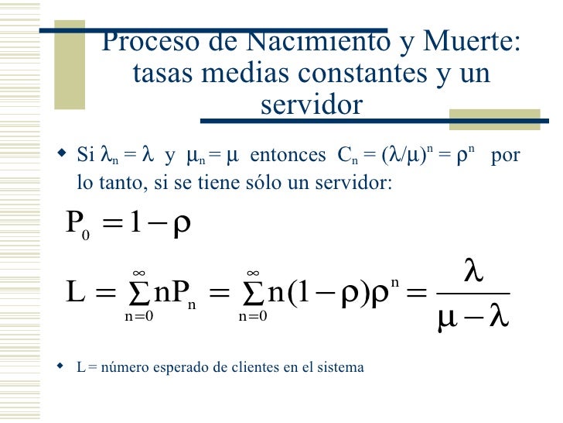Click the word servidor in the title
click(311, 105)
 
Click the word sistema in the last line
click(340, 367)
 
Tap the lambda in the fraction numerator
click(473, 271)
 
